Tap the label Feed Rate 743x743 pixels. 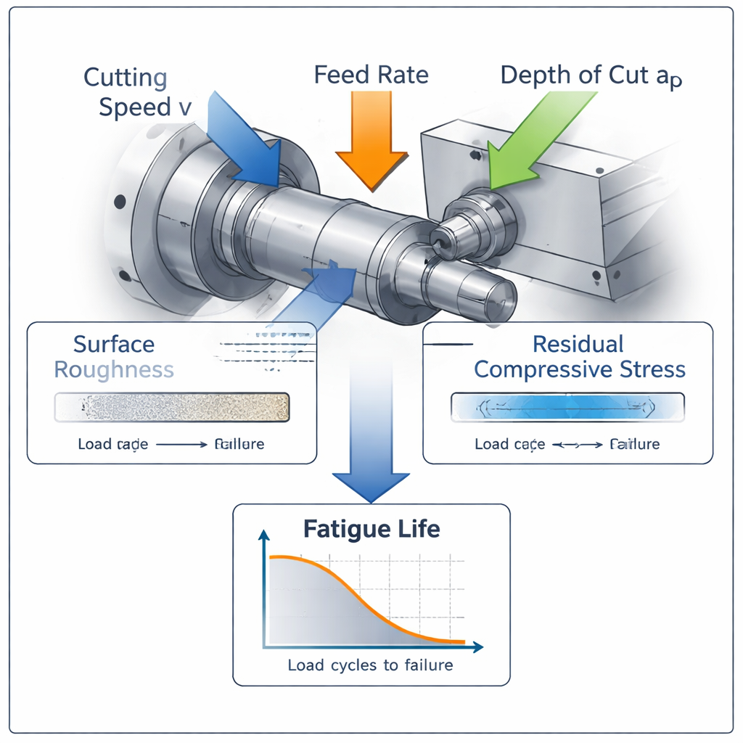click(x=371, y=75)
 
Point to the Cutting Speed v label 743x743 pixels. click(x=138, y=92)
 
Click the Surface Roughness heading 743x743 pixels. click(x=114, y=356)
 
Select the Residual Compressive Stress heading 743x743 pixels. click(x=579, y=356)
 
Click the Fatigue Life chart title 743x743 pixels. click(x=371, y=528)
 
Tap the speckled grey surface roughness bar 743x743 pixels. click(x=172, y=407)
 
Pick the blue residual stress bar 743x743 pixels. click(x=567, y=407)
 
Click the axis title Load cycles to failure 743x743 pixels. click(x=370, y=665)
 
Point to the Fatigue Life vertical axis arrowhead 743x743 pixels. click(x=264, y=535)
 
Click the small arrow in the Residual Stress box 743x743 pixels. click(x=578, y=445)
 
